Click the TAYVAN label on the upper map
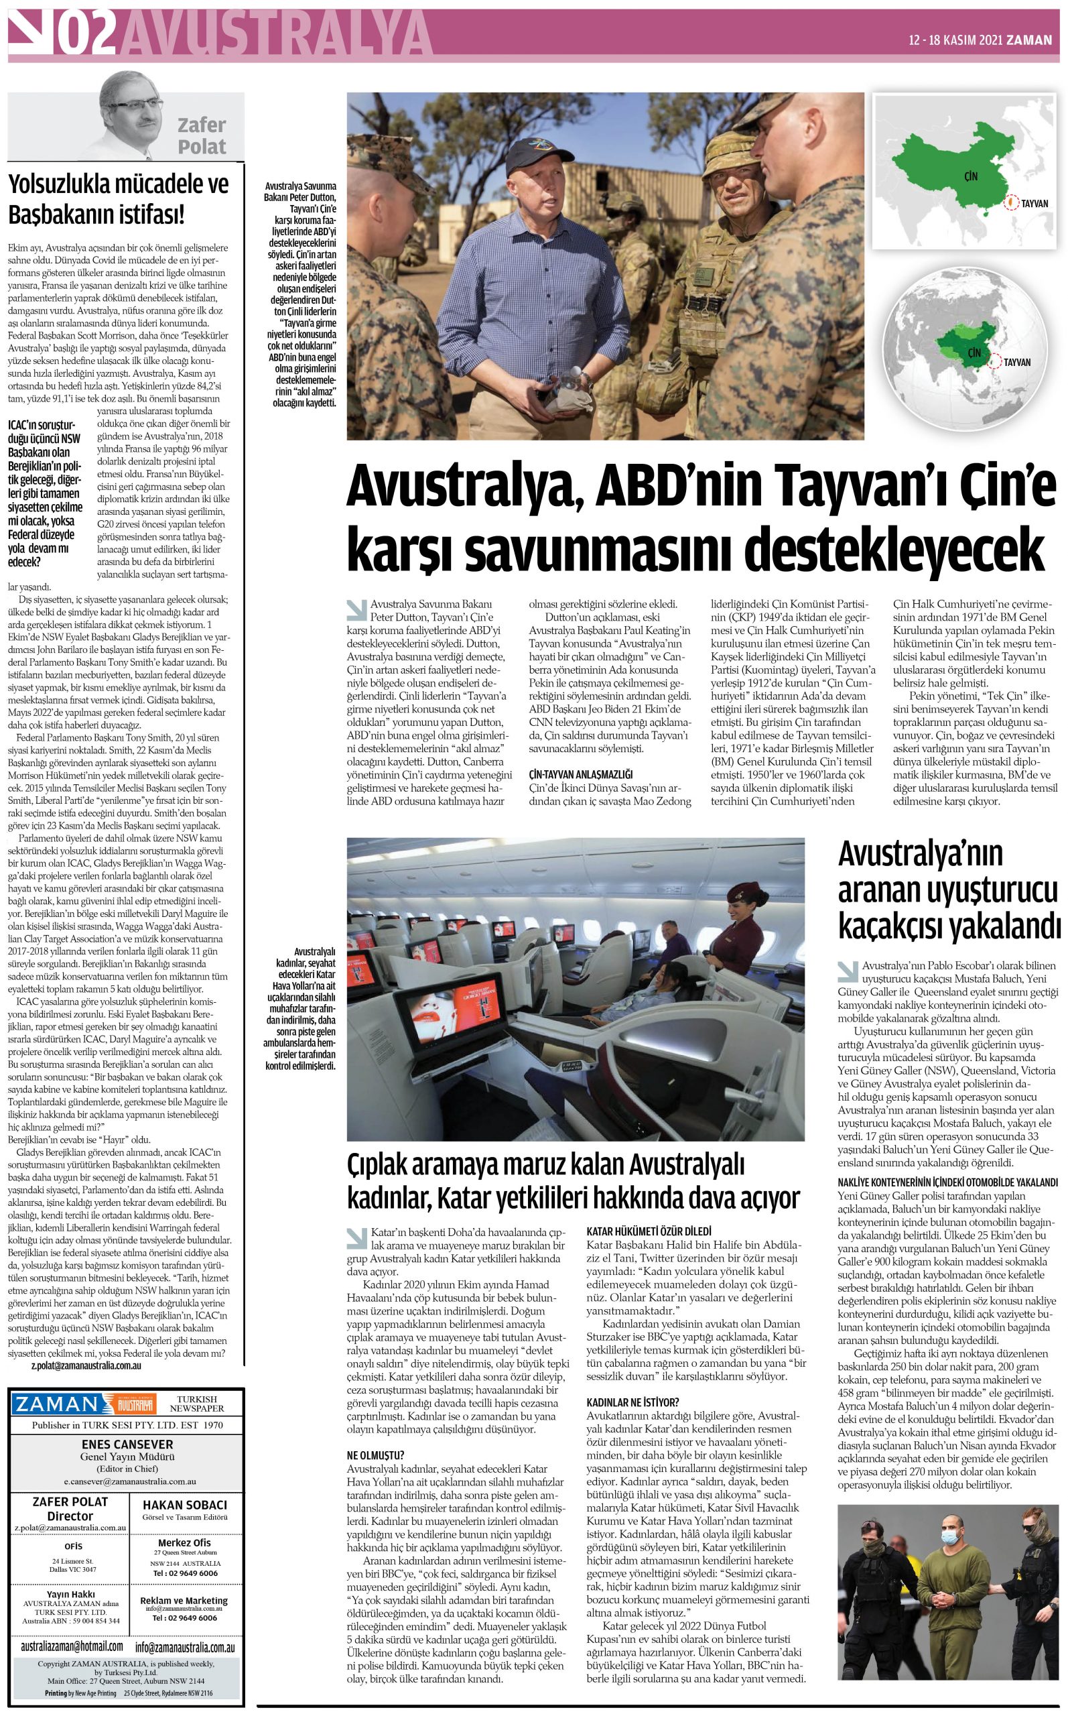pyautogui.click(x=1033, y=204)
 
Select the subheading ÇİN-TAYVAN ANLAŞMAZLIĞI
pyautogui.click(x=581, y=774)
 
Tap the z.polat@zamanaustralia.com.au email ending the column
pyautogui.click(x=86, y=1366)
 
